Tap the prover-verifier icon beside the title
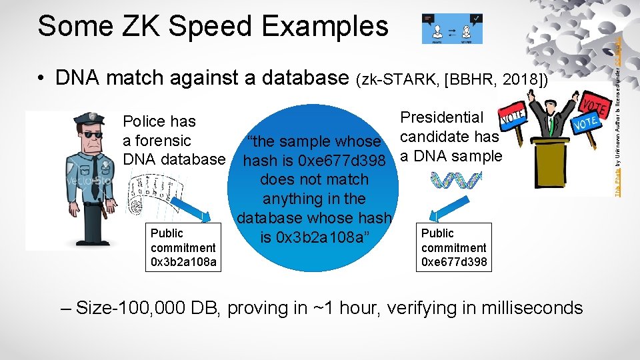click(452, 29)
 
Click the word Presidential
click(442, 117)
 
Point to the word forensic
click(157, 141)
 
